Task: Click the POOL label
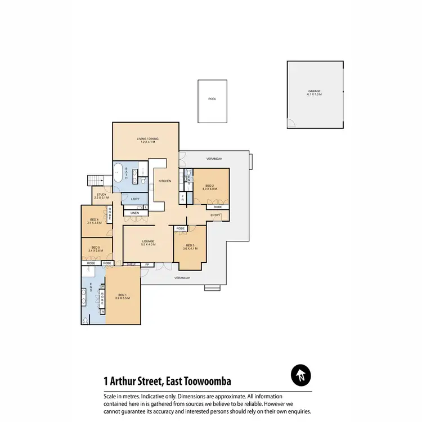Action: pos(212,98)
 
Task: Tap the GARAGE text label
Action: pos(315,92)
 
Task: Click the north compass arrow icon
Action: pos(301,375)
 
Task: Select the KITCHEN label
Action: pos(164,181)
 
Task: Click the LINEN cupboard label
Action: pos(134,213)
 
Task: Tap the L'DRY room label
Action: pos(135,199)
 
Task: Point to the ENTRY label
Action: pos(216,215)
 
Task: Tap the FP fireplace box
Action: pos(147,263)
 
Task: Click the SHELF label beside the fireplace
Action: pos(132,263)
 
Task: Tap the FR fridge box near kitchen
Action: pos(182,198)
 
